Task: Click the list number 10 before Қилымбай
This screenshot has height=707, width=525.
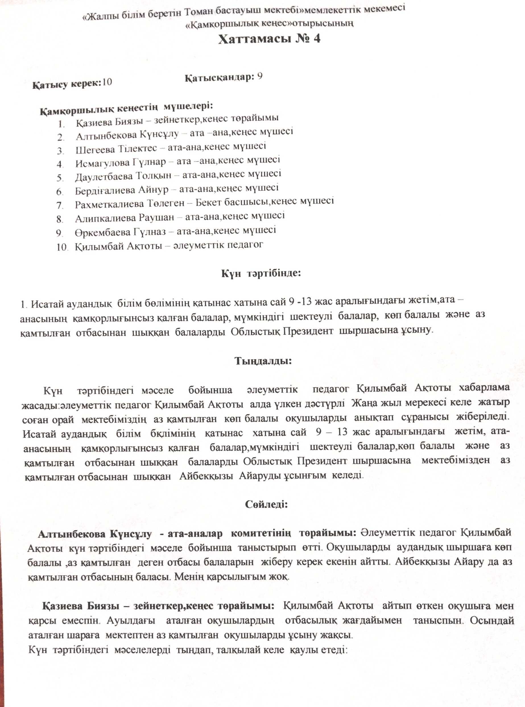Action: (x=62, y=247)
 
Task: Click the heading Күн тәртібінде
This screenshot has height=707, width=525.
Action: (x=261, y=274)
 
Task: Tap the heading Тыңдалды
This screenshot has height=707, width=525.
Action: (x=263, y=361)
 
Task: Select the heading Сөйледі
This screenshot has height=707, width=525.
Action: (x=266, y=504)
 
